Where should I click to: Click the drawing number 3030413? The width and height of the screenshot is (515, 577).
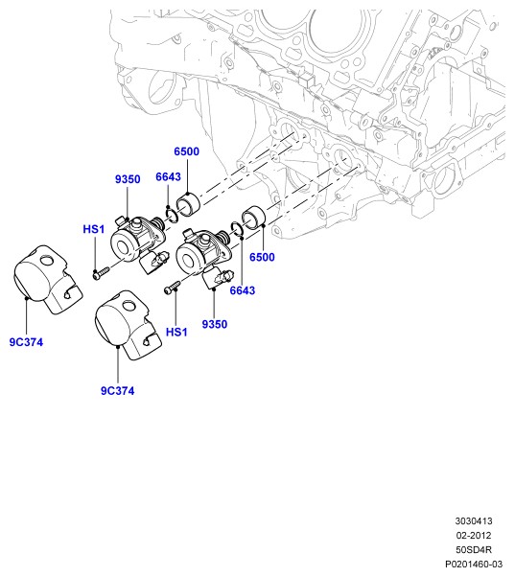pos(474,521)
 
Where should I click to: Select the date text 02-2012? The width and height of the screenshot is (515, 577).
pos(474,536)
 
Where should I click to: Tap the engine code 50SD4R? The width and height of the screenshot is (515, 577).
pos(474,550)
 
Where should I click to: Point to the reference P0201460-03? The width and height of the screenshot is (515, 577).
pos(474,565)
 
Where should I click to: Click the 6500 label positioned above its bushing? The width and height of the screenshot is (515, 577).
pos(187,151)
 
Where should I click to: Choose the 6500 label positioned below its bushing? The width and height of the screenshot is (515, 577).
pos(262,257)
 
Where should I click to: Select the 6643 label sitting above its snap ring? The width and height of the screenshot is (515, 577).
pos(168,177)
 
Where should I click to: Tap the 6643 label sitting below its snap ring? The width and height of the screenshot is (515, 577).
pos(243,290)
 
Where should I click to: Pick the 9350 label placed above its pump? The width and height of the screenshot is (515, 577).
pos(128,179)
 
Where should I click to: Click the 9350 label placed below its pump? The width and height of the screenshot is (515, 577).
pos(215,324)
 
